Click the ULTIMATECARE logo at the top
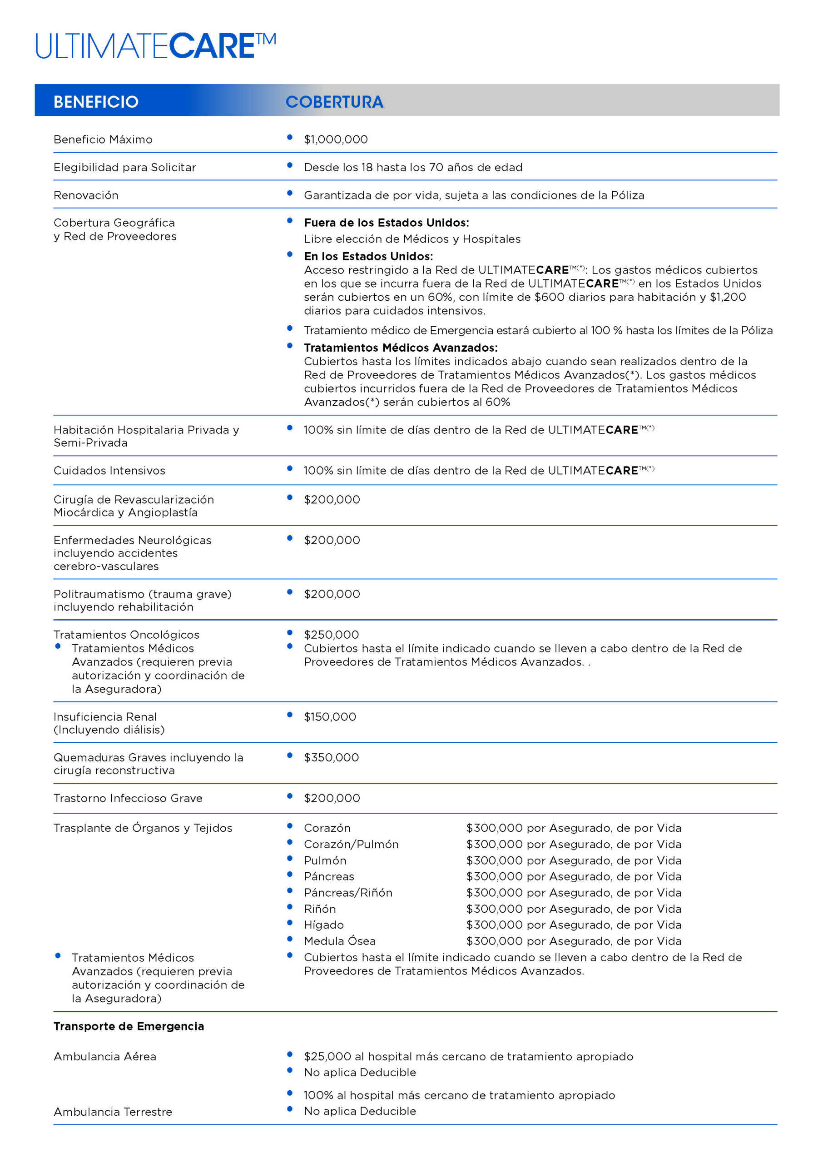155,46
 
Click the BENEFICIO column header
96,102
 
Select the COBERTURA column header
334,102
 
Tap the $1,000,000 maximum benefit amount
336,139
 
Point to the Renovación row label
86,195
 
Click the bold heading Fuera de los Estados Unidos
387,223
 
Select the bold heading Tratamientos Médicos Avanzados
401,348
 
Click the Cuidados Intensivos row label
109,471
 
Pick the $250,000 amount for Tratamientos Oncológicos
331,635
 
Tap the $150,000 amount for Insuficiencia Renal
330,717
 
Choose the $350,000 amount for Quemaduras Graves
331,757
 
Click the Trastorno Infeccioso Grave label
128,798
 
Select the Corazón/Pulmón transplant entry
351,845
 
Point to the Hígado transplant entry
324,925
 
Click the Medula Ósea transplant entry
340,941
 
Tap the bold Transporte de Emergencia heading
129,1026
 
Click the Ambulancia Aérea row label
105,1057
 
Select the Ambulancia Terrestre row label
113,1112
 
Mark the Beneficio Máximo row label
103,139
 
